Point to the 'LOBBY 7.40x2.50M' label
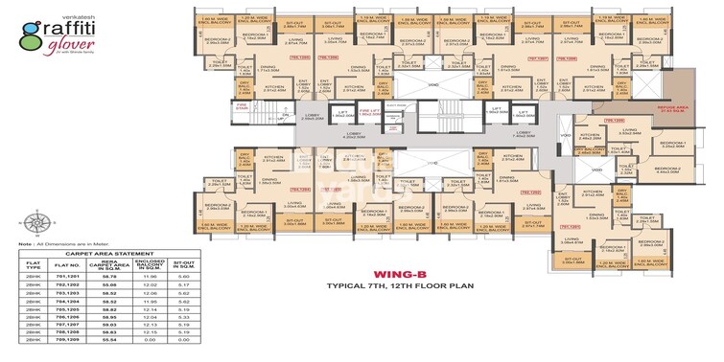[510, 136]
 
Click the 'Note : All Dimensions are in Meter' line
[43, 247]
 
